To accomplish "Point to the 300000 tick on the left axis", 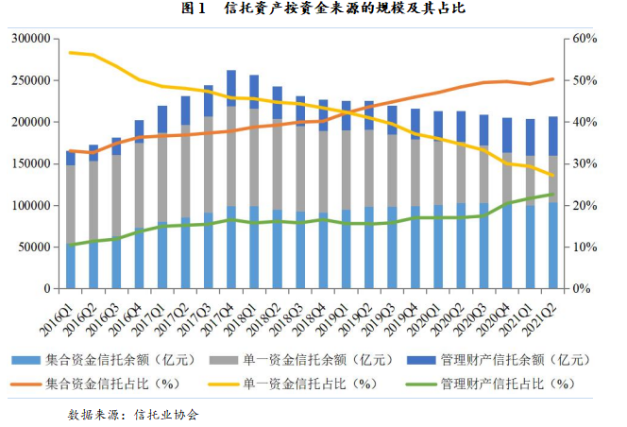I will point(30,39).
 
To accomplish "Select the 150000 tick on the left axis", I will point(30,163).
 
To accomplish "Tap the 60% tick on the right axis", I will point(585,39).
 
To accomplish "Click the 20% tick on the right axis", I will point(585,205).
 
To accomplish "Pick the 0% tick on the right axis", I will point(583,288).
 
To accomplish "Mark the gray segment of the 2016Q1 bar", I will point(70,203).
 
